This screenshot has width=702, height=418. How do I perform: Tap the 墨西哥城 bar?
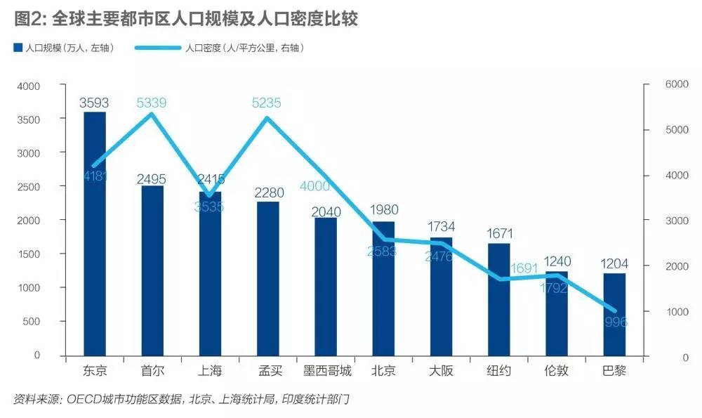[326, 286]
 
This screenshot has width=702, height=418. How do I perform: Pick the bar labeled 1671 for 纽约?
[499, 299]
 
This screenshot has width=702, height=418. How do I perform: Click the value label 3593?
[93, 103]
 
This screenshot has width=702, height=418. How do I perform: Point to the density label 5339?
[152, 103]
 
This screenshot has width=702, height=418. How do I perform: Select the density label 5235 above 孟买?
[267, 103]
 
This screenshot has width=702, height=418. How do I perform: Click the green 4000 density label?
[314, 186]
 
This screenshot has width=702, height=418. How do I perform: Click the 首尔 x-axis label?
[152, 370]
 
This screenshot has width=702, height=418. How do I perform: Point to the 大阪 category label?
[441, 370]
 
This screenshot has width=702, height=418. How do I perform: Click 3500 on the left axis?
[29, 119]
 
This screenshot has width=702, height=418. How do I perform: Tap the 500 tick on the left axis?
[32, 321]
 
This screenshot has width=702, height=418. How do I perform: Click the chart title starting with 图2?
[186, 18]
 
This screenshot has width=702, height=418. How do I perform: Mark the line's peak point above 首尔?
[152, 114]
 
